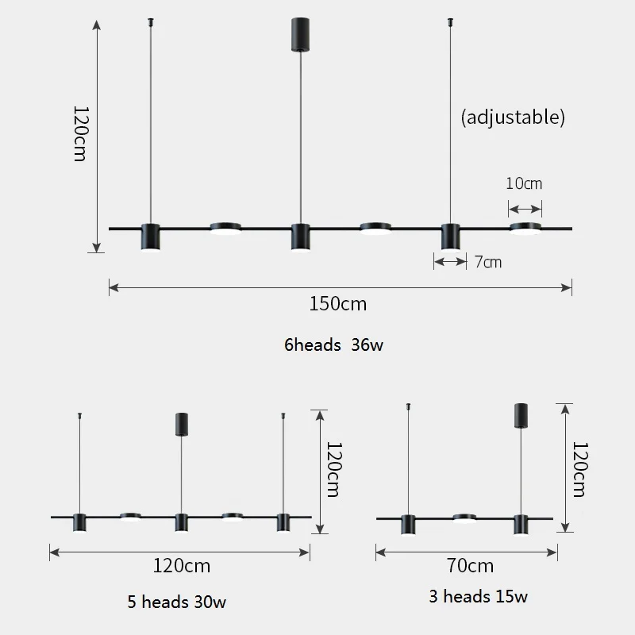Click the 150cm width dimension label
tap(340, 303)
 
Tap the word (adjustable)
tap(513, 117)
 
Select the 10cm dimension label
tap(524, 184)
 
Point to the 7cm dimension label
tap(488, 261)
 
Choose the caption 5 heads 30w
tap(182, 601)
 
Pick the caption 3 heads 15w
tap(479, 596)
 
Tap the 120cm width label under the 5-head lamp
tap(182, 566)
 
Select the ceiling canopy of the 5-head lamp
tap(181, 424)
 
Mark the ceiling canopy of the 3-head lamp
tap(521, 414)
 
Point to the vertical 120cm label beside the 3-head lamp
tap(579, 468)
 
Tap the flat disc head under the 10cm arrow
tap(525, 229)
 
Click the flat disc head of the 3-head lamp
tap(464, 518)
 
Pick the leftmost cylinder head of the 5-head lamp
tap(79, 522)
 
